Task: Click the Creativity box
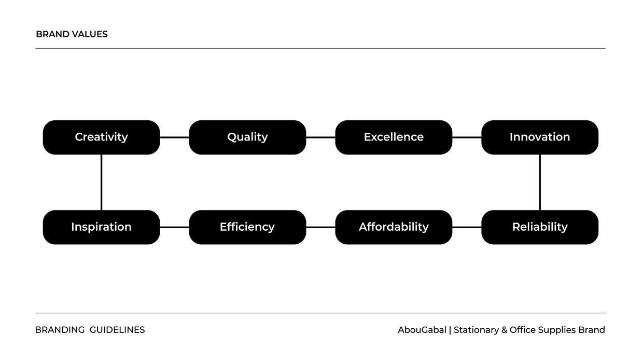(101, 137)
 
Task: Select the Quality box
(247, 137)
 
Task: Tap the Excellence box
(394, 137)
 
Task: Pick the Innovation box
(540, 137)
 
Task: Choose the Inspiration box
(101, 227)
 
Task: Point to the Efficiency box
(247, 227)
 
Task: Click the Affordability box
(394, 227)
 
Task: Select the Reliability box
(540, 227)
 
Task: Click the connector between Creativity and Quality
(175, 137)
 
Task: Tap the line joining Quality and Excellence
(320, 137)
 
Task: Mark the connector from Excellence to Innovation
(467, 137)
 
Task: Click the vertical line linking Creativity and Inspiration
(101, 182)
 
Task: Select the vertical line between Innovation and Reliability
(540, 182)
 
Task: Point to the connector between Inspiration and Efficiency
(175, 227)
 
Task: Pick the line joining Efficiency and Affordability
(320, 227)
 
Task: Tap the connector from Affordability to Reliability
(467, 227)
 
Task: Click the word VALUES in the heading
(90, 34)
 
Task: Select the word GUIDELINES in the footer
(117, 330)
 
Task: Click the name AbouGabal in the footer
(422, 330)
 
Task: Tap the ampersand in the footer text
(505, 330)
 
